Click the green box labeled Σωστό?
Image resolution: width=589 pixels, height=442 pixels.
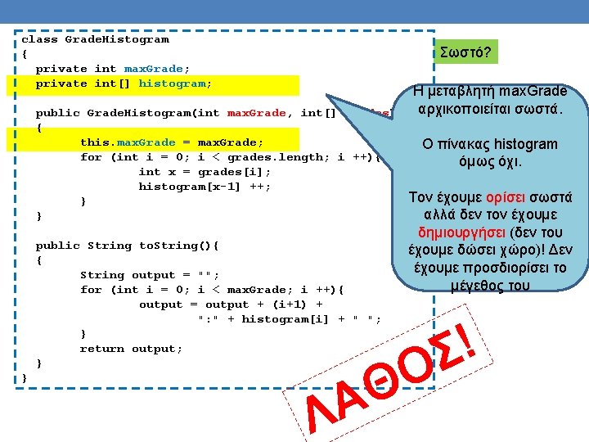(x=465, y=52)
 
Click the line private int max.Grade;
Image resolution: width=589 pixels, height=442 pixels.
(x=113, y=68)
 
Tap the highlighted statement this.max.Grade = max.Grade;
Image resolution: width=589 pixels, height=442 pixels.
(x=171, y=142)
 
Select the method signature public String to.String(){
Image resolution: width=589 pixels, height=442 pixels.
(x=127, y=246)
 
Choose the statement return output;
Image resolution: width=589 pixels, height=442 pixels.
(x=131, y=349)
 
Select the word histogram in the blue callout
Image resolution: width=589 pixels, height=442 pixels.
(x=526, y=144)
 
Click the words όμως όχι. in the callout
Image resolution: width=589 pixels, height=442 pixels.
(x=491, y=161)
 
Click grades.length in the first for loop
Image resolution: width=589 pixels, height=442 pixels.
(x=290, y=157)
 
